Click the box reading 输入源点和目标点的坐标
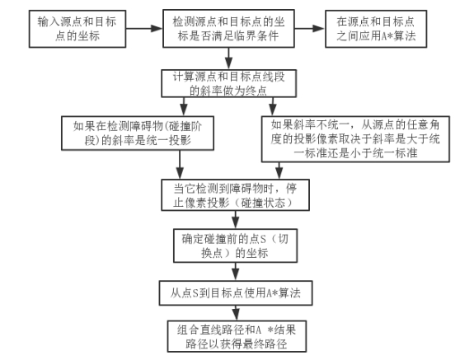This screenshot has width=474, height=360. tap(77, 29)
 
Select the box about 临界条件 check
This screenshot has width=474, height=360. tap(228, 29)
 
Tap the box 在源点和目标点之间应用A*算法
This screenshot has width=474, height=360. tap(376, 29)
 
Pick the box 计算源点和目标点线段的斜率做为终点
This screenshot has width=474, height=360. tap(228, 83)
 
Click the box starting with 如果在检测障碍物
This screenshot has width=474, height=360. tap(138, 133)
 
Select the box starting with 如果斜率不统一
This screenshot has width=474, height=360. tap(355, 139)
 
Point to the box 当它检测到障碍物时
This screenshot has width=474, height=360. tap(235, 194)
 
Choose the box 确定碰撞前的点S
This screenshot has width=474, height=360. tap(235, 245)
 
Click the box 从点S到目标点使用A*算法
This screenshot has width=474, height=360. tap(236, 293)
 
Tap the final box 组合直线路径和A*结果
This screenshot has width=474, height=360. tap(237, 336)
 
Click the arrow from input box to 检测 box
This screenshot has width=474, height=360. tap(144, 29)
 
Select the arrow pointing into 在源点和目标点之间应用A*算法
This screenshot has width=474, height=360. tap(310, 29)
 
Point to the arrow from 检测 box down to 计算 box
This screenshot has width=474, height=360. tap(229, 58)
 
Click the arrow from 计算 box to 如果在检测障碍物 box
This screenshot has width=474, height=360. tap(184, 106)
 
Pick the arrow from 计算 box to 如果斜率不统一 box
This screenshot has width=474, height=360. tap(273, 106)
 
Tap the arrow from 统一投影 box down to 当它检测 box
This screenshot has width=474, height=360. tap(180, 165)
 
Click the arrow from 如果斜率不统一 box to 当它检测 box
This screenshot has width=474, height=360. tap(279, 171)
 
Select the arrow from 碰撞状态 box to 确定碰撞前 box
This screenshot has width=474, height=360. tap(236, 220)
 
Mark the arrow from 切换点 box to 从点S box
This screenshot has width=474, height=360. tap(236, 272)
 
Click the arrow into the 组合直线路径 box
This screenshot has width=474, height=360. tap(236, 313)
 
